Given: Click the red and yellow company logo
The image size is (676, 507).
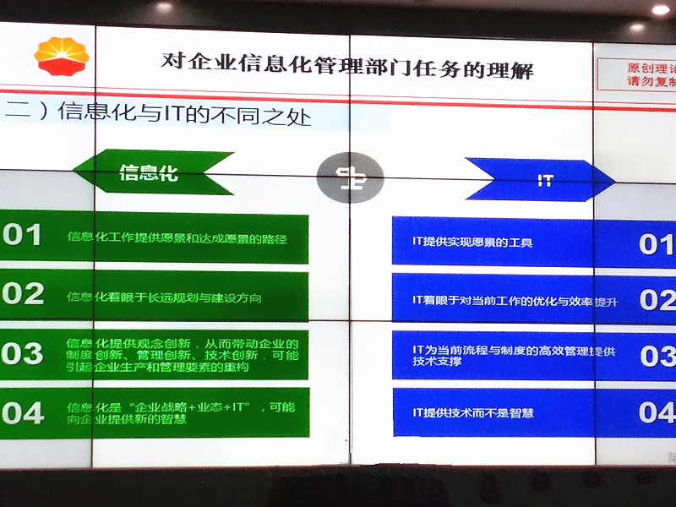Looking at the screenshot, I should click(61, 56).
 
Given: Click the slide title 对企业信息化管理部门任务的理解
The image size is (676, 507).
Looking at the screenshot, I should click(347, 64).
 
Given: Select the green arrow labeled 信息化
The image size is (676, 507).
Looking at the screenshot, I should click(152, 172).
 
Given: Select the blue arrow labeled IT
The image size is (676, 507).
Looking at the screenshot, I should click(542, 180).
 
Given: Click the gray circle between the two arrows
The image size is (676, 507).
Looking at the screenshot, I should click(350, 177).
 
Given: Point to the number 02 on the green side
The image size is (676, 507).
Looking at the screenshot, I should click(23, 293).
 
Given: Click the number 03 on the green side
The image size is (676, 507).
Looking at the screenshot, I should click(23, 353).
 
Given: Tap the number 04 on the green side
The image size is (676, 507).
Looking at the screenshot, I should click(23, 412).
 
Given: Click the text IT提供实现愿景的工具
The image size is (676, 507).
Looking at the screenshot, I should click(472, 243).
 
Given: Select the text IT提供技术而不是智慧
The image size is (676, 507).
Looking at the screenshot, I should click(472, 413).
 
